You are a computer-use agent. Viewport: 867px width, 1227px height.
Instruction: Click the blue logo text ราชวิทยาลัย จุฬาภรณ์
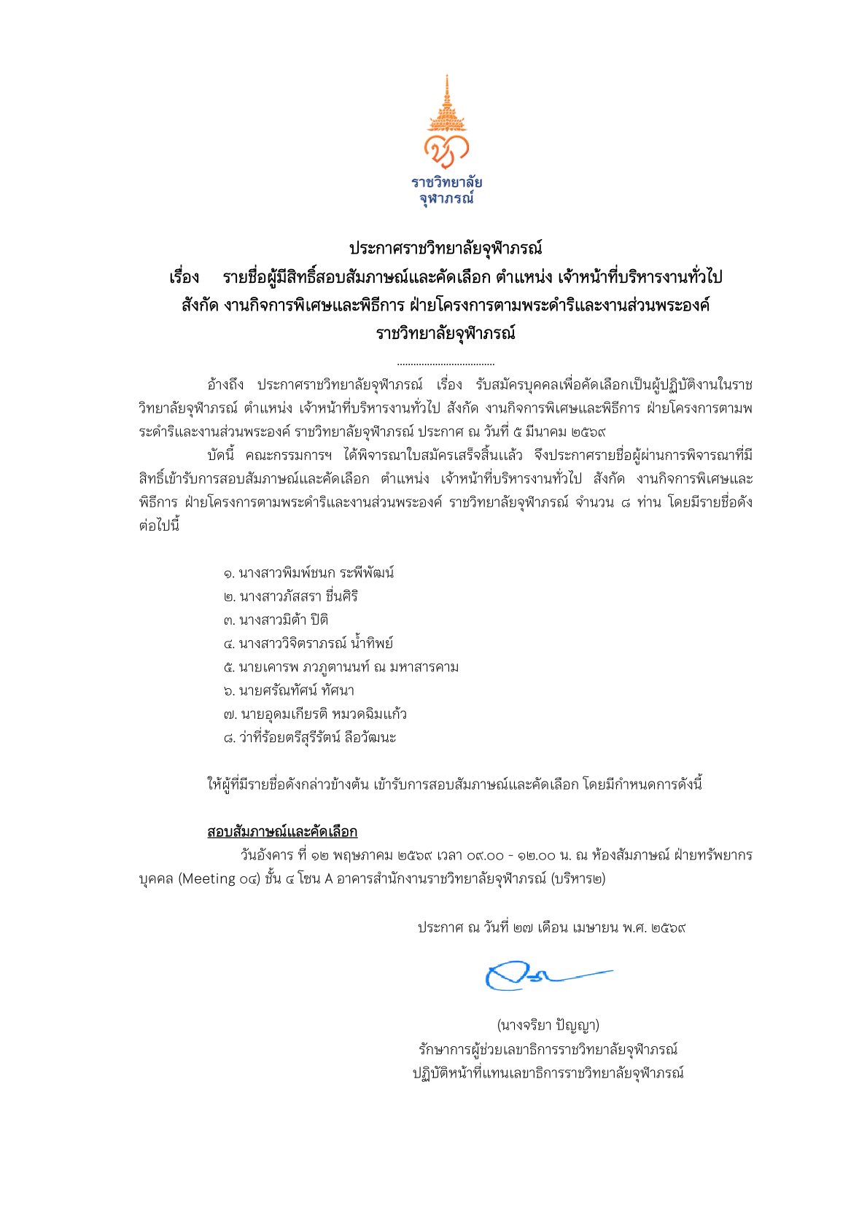pyautogui.click(x=446, y=190)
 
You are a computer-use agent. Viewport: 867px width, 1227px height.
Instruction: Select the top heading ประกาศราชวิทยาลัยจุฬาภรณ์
pyautogui.click(x=446, y=248)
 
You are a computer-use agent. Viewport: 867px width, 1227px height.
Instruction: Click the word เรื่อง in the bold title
pyautogui.click(x=184, y=278)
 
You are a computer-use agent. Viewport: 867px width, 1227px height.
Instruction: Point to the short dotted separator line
pyautogui.click(x=446, y=363)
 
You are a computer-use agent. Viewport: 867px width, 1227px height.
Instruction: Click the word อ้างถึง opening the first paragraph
pyautogui.click(x=226, y=384)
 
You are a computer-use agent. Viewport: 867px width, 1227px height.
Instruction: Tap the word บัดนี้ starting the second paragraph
pyautogui.click(x=225, y=456)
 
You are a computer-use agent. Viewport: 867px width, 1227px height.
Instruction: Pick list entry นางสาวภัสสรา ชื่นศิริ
pyautogui.click(x=291, y=596)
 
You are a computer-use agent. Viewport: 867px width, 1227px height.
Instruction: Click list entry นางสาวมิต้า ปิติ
pyautogui.click(x=276, y=620)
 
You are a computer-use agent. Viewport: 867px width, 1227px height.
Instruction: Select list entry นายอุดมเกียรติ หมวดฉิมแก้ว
pyautogui.click(x=315, y=714)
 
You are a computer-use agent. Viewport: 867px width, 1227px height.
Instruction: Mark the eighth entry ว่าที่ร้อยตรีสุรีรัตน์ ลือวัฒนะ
pyautogui.click(x=310, y=737)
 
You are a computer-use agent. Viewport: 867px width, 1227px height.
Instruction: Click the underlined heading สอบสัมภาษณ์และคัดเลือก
pyautogui.click(x=282, y=832)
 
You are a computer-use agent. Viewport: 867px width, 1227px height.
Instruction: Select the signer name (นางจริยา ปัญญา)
pyautogui.click(x=548, y=1025)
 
